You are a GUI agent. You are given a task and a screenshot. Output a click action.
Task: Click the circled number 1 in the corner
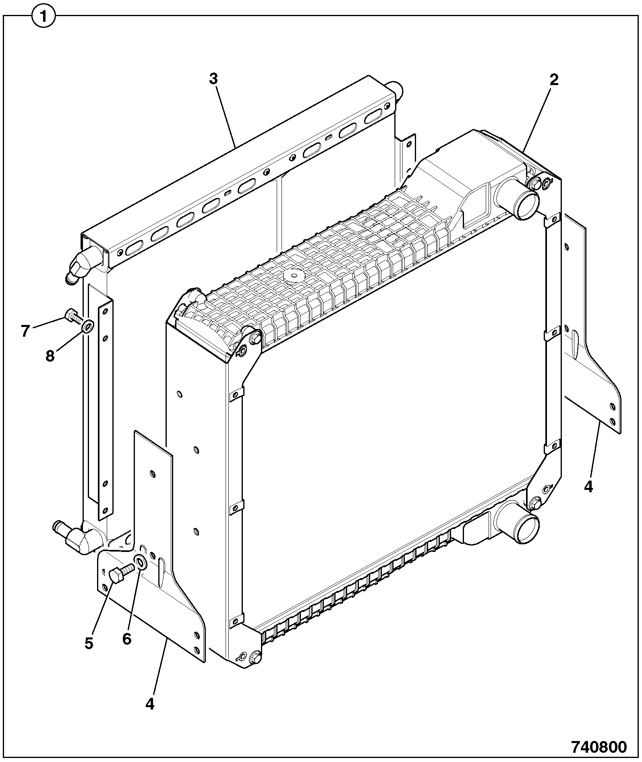[43, 17]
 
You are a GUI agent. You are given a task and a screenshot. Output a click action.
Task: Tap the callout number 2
[554, 80]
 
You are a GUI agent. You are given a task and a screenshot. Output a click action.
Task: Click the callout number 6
[127, 639]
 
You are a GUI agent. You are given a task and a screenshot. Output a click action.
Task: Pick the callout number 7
[25, 331]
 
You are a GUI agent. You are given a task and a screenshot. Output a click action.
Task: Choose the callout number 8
[50, 356]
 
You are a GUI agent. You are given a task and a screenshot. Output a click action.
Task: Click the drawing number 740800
[599, 747]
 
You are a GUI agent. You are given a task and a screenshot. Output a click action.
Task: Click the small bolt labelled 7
[73, 316]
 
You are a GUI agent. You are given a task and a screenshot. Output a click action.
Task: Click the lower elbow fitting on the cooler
[77, 538]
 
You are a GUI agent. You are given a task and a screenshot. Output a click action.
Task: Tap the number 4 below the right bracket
[588, 487]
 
